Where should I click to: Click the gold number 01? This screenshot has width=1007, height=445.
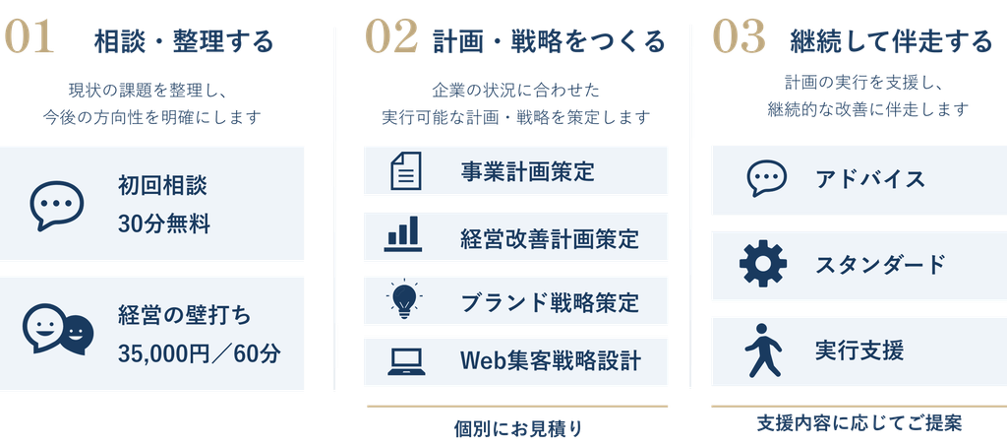click(29, 36)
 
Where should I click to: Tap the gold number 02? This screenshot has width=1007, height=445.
click(391, 36)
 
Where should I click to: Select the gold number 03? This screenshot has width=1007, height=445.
click(740, 36)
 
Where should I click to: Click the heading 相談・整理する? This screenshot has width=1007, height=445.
click(184, 42)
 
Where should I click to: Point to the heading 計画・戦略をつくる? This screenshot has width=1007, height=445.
click(550, 42)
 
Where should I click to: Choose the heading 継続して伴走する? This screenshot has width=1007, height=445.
click(891, 42)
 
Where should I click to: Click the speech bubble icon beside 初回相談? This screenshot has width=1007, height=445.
click(57, 205)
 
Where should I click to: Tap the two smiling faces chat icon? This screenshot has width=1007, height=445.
click(58, 329)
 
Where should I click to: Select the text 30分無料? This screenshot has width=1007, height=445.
click(164, 225)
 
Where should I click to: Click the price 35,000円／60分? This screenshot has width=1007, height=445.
click(199, 353)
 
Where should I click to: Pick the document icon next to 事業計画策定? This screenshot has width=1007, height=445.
click(406, 170)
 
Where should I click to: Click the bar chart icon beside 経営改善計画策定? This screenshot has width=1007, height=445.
click(403, 234)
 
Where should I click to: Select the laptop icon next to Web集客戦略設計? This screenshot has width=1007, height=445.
click(406, 362)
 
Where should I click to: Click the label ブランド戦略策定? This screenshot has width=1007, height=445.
click(550, 302)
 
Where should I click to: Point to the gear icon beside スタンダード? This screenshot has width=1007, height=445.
click(763, 263)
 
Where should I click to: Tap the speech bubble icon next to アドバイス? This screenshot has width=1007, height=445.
click(767, 178)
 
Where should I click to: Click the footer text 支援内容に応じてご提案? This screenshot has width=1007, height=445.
click(859, 423)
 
